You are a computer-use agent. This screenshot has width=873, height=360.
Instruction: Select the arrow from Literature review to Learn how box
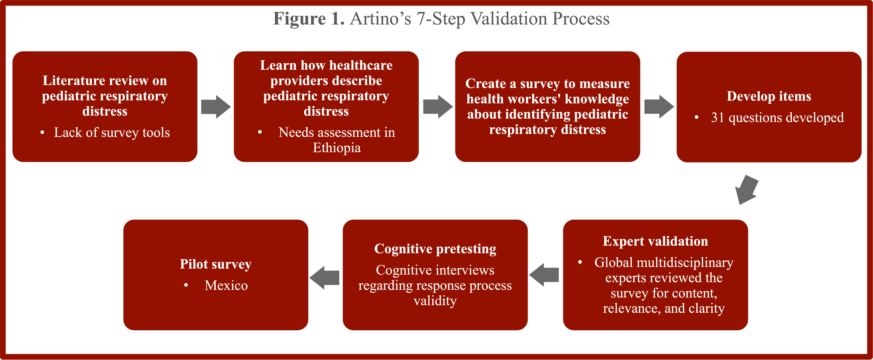pos(216,107)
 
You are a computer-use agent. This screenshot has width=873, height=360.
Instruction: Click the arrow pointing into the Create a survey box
pos(438,107)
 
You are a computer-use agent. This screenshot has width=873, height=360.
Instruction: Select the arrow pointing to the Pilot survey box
pos(324,278)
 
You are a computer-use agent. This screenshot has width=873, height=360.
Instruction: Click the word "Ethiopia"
pos(337,148)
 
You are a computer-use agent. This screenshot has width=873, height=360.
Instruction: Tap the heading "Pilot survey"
pos(215,264)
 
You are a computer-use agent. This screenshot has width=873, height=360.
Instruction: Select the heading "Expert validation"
pos(655,241)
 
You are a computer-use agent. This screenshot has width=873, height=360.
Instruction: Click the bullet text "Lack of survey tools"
pos(112,133)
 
